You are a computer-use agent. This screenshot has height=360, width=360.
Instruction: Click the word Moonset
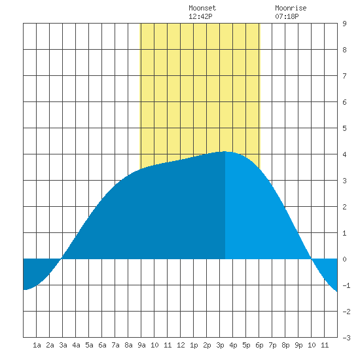(x=202, y=8)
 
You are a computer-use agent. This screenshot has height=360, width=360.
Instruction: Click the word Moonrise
(x=291, y=8)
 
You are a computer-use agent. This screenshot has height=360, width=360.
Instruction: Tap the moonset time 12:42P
(x=200, y=16)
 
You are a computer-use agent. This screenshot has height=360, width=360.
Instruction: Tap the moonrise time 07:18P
(x=287, y=16)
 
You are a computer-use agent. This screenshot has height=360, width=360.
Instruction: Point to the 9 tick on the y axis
(x=344, y=24)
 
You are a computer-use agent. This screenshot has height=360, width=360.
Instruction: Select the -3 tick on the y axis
(x=346, y=338)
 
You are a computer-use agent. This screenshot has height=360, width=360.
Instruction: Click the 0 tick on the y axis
(x=344, y=259)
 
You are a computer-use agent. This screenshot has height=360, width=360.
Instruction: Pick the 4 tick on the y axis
(x=344, y=154)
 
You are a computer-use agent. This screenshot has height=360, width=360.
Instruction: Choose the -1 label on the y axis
(x=346, y=285)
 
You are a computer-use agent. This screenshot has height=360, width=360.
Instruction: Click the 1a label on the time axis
(x=37, y=345)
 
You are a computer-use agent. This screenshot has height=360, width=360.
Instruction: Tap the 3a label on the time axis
(x=63, y=345)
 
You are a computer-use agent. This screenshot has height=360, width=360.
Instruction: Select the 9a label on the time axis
(x=141, y=345)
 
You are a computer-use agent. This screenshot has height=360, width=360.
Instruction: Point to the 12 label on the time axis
(x=181, y=345)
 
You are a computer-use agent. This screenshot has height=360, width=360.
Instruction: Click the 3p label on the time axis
(x=220, y=345)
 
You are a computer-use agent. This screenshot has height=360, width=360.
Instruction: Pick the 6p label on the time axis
(x=259, y=345)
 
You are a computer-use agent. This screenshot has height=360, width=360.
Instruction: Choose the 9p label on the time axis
(x=298, y=345)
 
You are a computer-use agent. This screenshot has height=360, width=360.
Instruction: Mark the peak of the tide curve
(x=225, y=152)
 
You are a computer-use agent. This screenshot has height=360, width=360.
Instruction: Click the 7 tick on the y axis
(x=344, y=76)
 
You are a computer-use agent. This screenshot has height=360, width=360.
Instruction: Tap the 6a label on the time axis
(x=102, y=345)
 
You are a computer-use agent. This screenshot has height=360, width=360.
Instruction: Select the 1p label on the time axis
(x=194, y=345)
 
